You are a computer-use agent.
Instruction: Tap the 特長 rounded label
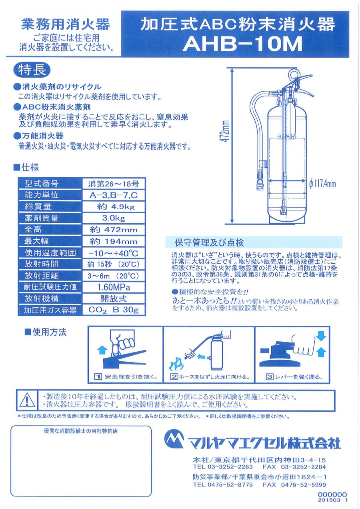point(32,70)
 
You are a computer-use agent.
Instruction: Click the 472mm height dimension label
point(226,131)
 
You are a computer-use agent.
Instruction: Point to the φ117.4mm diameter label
point(322,183)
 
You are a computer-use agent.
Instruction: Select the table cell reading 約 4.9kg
point(114,206)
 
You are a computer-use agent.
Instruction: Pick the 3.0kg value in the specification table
point(114,218)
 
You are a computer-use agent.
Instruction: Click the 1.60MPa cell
point(114,287)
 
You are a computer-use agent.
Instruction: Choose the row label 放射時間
point(42,264)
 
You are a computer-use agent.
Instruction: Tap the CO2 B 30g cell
point(114,310)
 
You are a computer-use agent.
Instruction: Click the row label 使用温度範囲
point(50,252)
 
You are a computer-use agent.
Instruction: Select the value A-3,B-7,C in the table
point(114,195)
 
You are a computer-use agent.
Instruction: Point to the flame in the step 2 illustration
point(176,364)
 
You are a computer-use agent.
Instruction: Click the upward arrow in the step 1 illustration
point(102,350)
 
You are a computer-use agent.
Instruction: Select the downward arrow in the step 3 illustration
point(321,336)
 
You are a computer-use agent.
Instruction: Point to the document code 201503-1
point(332,500)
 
